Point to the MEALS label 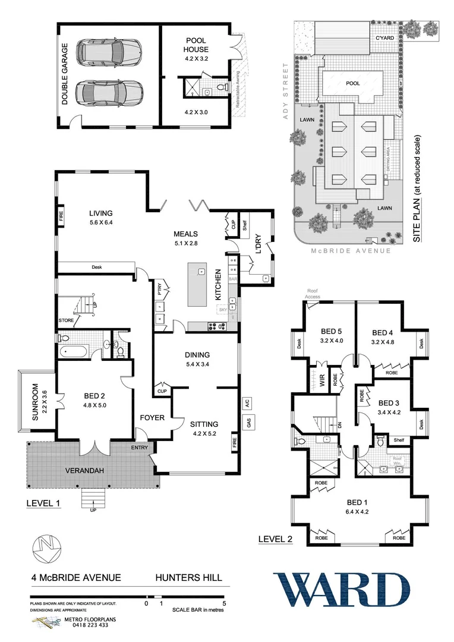185,234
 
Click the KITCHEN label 218,284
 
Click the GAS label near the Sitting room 245,423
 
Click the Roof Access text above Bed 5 313,294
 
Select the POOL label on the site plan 352,84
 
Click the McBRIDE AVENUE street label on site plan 351,251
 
